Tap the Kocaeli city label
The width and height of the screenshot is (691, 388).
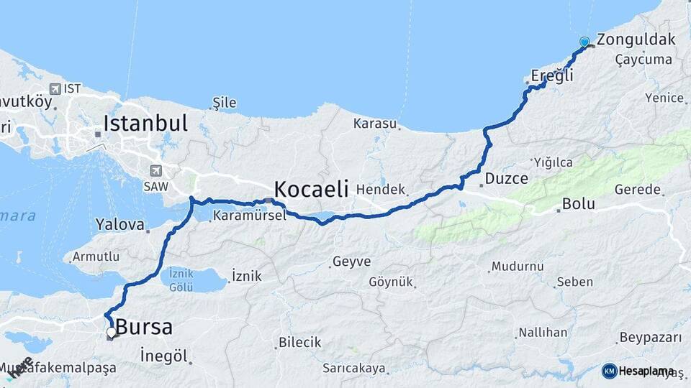311,190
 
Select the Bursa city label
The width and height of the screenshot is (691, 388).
144,328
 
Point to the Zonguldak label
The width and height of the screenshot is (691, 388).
636,39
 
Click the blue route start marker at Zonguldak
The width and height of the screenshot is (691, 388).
584,42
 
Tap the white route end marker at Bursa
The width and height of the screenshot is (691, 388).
111,332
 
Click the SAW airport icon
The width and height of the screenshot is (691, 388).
156,171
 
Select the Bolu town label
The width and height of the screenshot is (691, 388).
579,204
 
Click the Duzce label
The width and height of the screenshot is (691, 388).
507,178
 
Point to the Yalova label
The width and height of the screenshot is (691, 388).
120,224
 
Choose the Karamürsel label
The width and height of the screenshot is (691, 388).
248,216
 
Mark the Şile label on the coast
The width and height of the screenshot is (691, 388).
224,103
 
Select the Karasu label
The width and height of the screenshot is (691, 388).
375,124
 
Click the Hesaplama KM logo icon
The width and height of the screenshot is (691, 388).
609,371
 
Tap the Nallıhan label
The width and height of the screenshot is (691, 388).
542,333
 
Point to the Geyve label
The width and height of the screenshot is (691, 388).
351,262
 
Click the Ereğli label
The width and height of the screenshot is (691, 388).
552,75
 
